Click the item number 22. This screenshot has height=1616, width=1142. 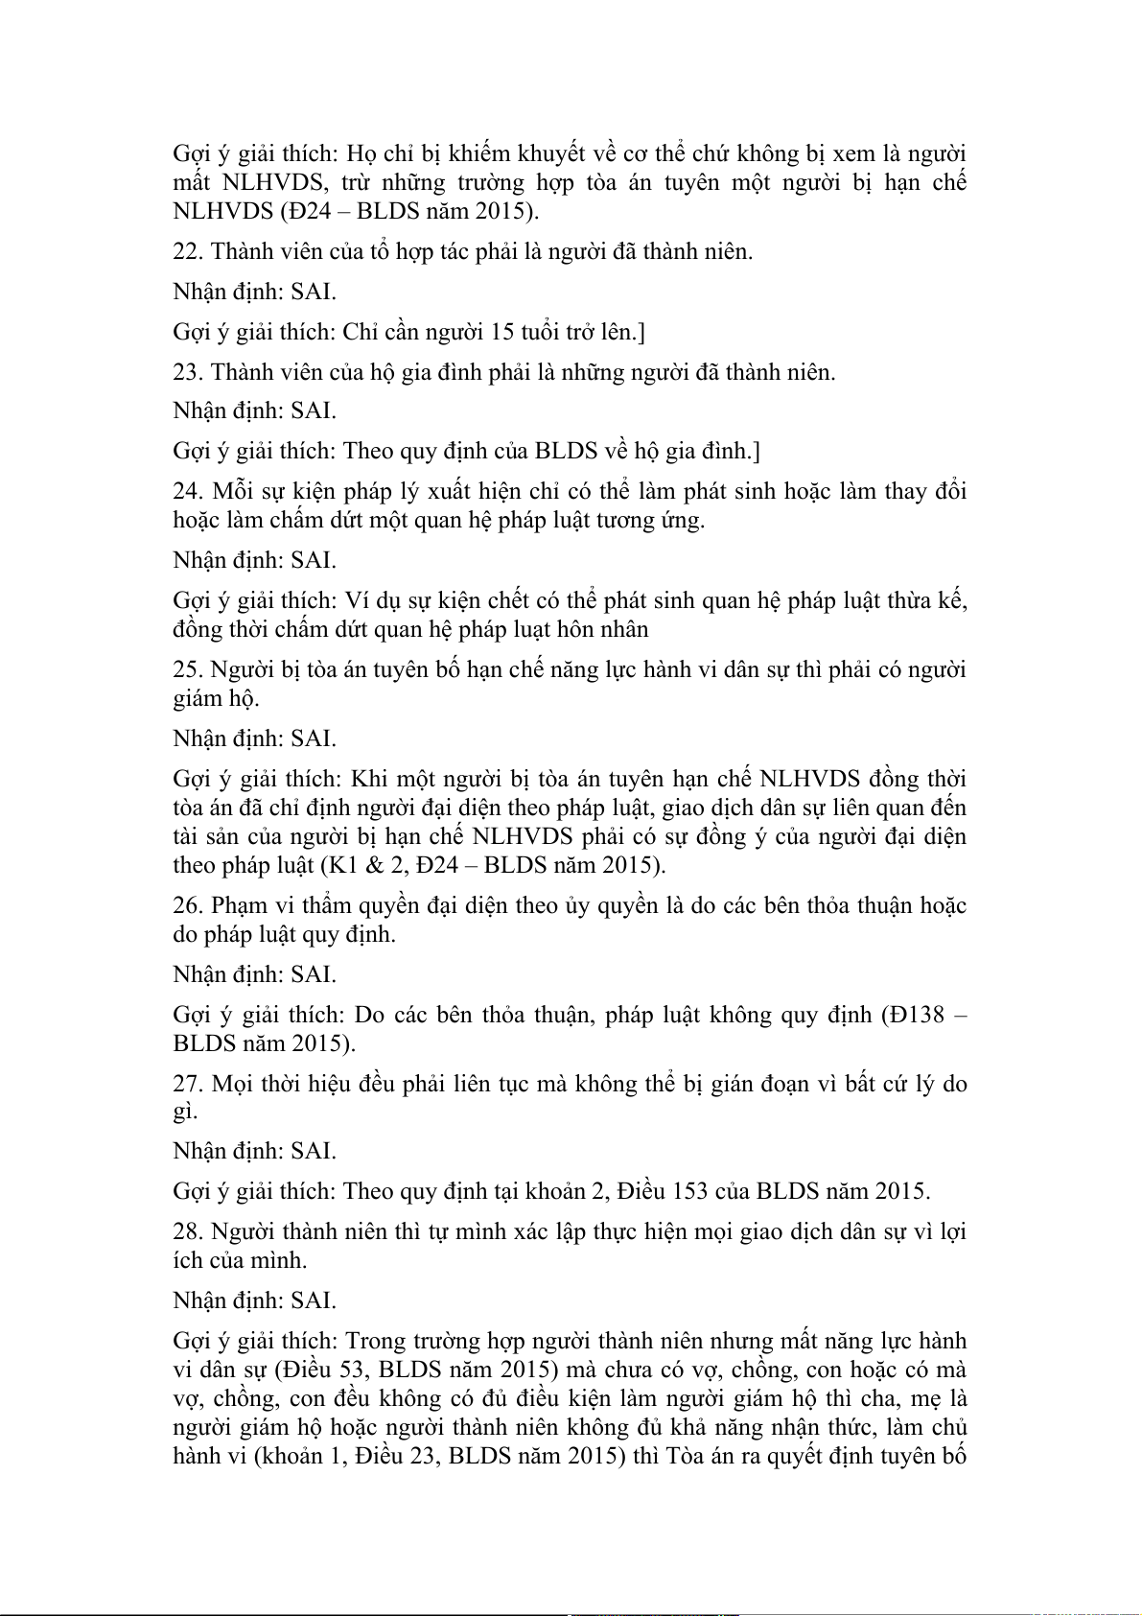(187, 251)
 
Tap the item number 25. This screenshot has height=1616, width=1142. (187, 669)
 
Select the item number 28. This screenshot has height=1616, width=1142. (187, 1231)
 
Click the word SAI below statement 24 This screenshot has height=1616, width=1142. (313, 560)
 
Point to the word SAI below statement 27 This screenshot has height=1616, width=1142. (313, 1151)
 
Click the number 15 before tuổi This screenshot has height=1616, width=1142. (502, 332)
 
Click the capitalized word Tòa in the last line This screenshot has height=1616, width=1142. (685, 1456)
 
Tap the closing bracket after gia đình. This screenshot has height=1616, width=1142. (757, 451)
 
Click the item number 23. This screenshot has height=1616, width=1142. (187, 372)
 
